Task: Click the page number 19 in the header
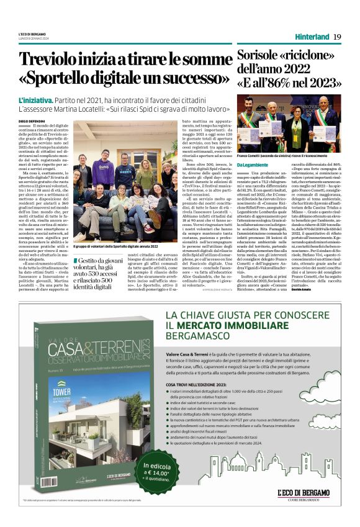tap(336, 37)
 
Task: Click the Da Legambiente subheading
tap(254, 164)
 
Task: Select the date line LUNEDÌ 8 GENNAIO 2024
tap(37, 38)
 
